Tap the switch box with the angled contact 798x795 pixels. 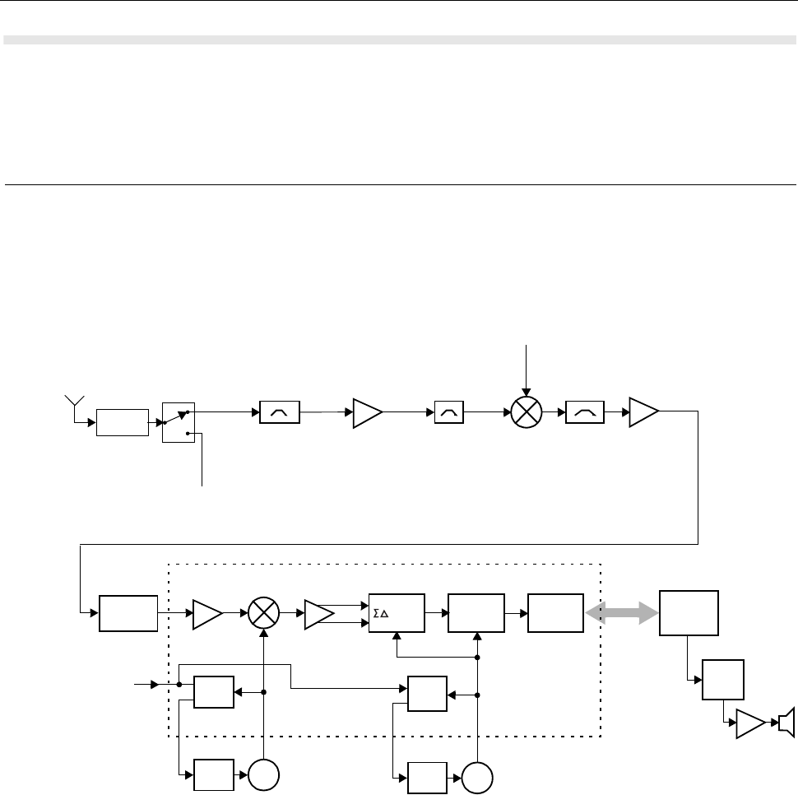point(179,422)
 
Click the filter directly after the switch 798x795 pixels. point(281,412)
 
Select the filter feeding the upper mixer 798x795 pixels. point(448,412)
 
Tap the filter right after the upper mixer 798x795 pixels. point(585,412)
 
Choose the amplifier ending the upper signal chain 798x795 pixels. point(643,412)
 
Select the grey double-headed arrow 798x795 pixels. point(623,612)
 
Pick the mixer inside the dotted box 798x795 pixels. point(264,612)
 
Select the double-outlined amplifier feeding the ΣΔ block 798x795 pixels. point(318,612)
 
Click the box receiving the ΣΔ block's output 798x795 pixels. point(476,612)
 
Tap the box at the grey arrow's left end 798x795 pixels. point(555,612)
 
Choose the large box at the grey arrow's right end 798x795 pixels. point(689,611)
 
